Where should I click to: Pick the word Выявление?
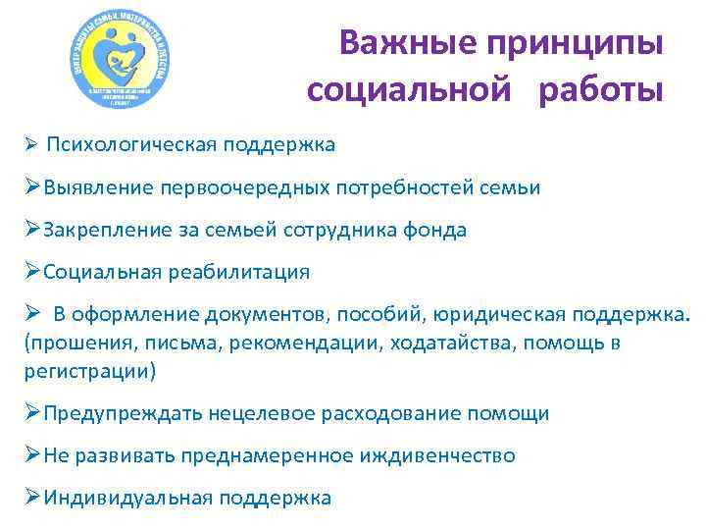[94, 187]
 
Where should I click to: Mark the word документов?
[267, 315]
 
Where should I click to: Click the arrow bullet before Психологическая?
[31, 145]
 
